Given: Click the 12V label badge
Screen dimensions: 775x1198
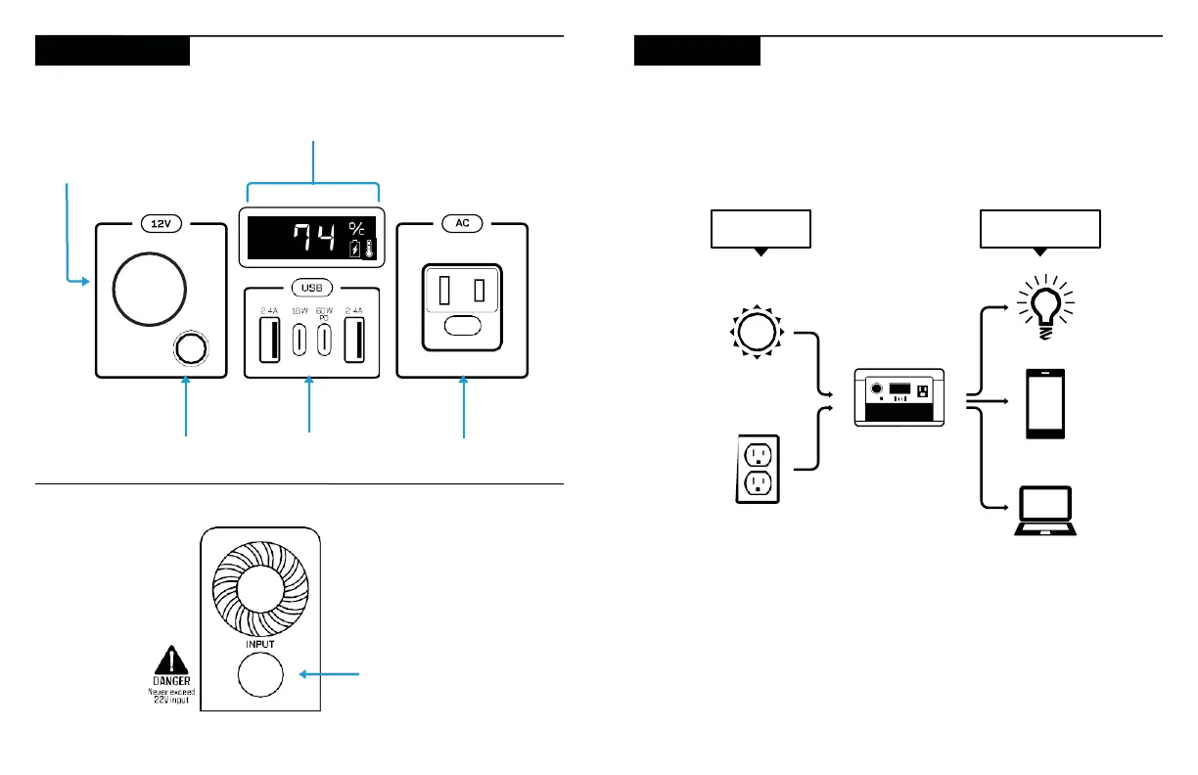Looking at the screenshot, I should coord(159,223).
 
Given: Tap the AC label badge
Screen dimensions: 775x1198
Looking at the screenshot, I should coord(462,223).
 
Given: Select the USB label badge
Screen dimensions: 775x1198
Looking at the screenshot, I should coord(310,288).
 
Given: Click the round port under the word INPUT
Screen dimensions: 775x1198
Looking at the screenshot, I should coord(260,674).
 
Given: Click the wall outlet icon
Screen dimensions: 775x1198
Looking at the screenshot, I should coord(759,469).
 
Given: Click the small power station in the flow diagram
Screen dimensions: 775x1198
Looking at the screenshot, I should coord(898,395).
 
